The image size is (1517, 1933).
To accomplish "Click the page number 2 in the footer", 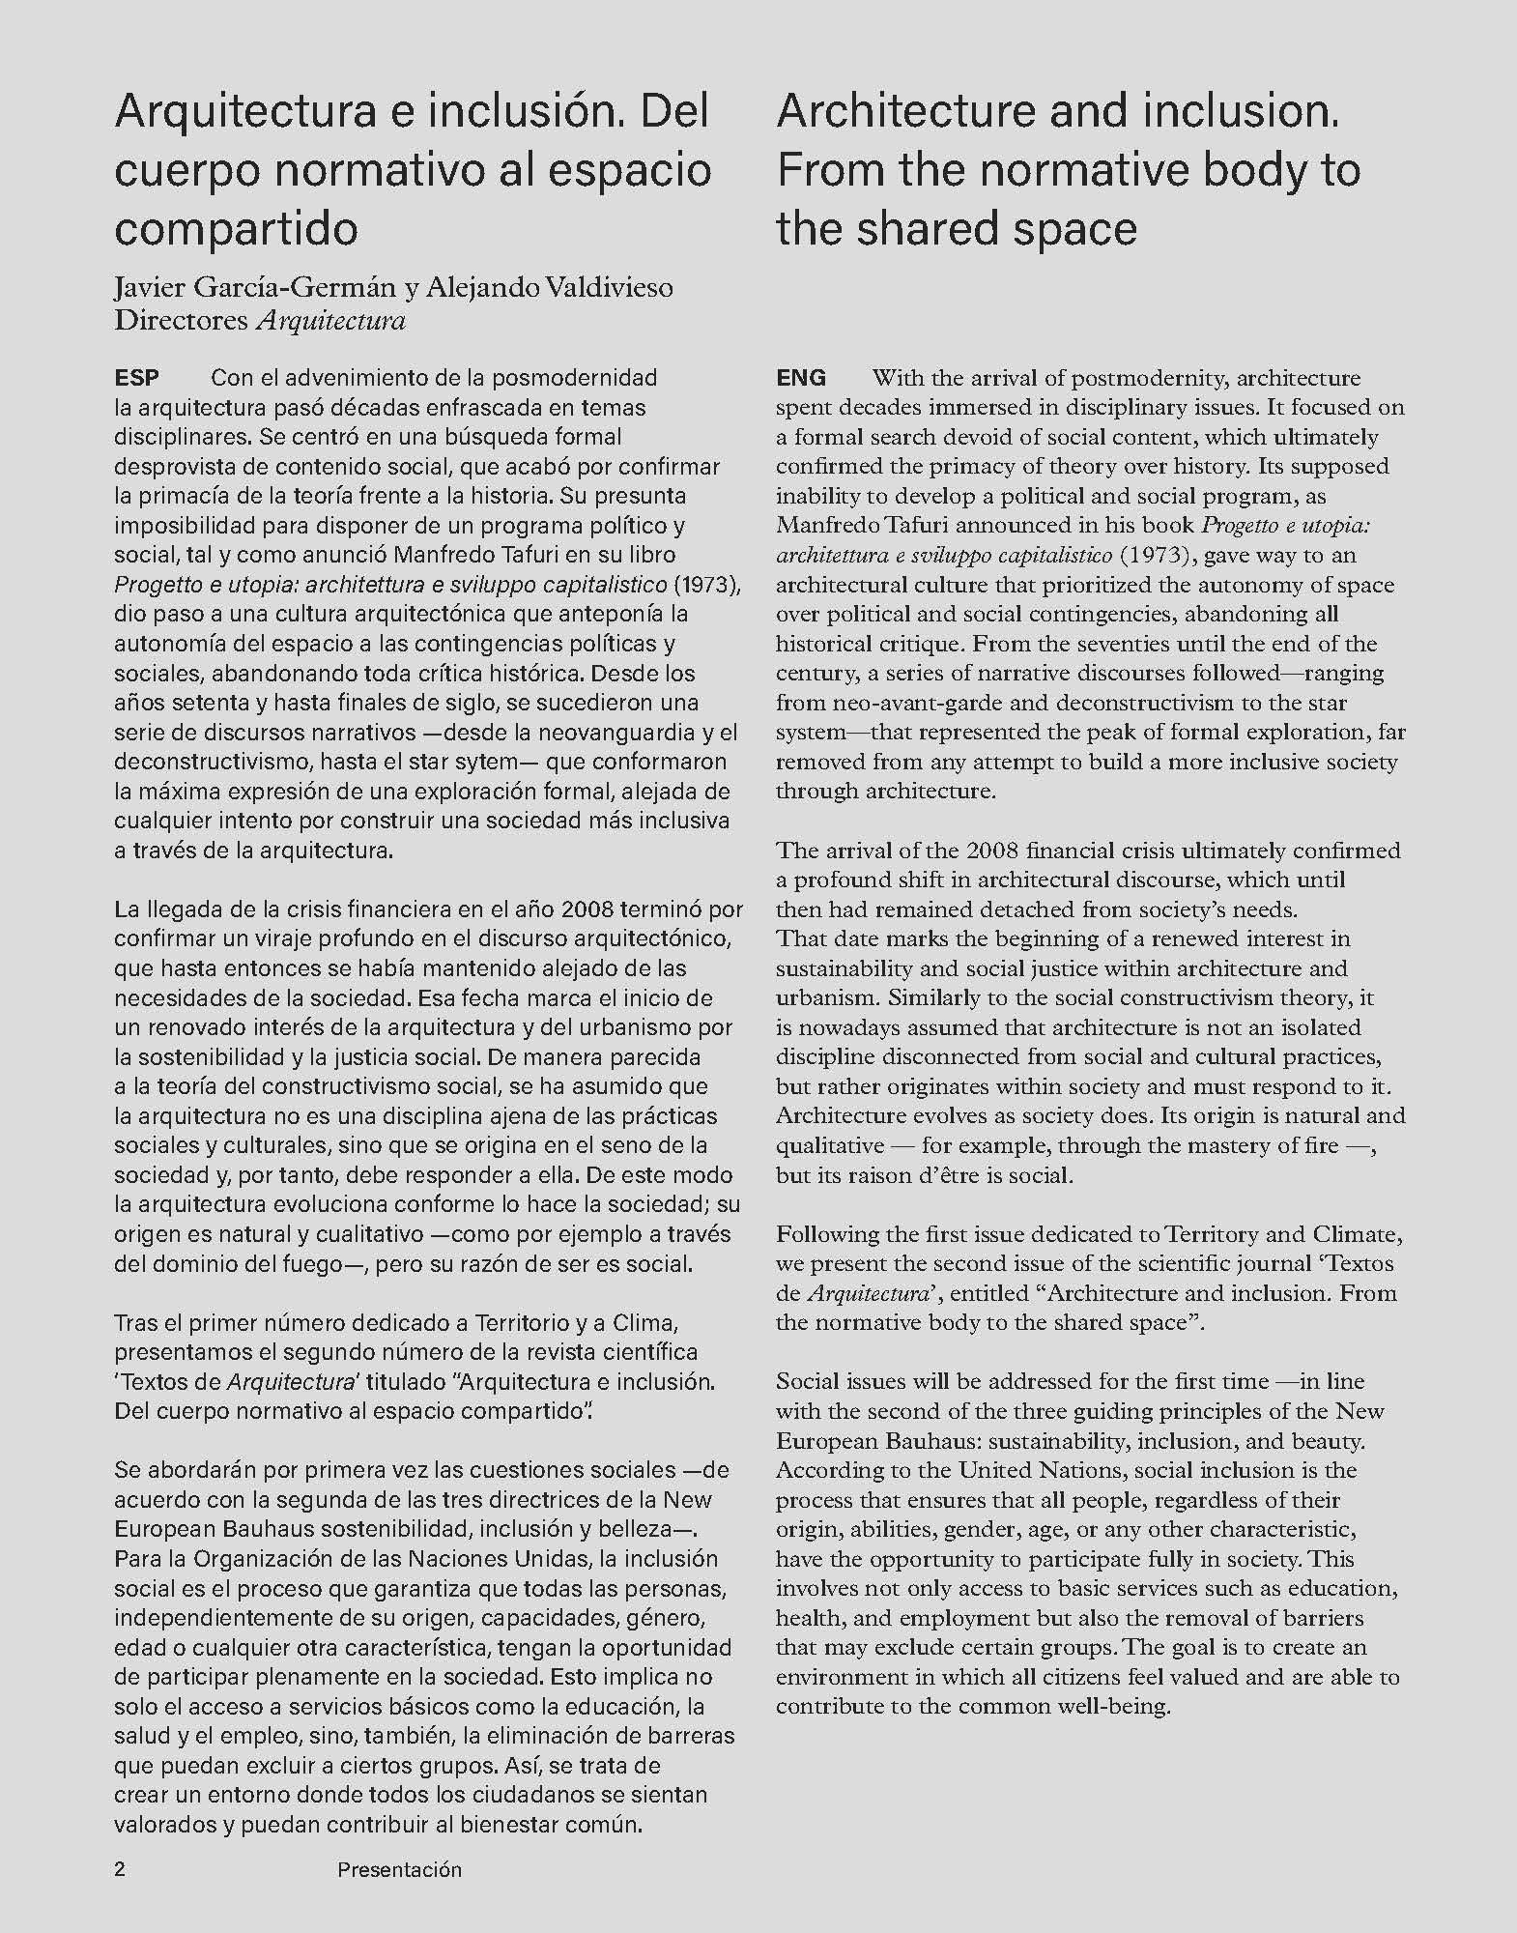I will [120, 1869].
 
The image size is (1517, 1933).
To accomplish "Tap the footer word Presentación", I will [399, 1870].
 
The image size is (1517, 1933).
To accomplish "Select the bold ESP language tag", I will [136, 377].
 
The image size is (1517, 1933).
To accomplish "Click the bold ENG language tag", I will [801, 377].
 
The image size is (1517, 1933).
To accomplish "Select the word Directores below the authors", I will [181, 321].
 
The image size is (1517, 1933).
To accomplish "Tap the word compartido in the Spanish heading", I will [236, 228].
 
